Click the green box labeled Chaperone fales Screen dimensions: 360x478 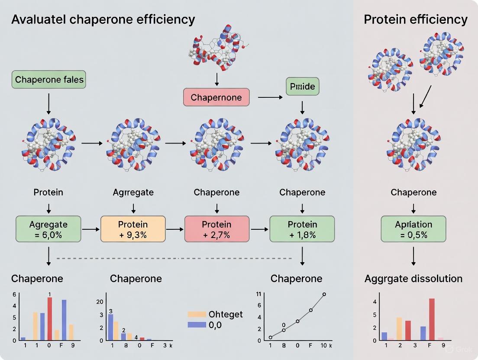click(49, 80)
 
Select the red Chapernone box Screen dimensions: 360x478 click(216, 97)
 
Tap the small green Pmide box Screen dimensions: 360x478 click(302, 87)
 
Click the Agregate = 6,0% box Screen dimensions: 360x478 click(48, 229)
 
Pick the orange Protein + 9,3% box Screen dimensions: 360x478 click(133, 229)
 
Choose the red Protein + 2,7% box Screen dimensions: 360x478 click(217, 229)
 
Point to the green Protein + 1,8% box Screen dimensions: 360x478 click(302, 229)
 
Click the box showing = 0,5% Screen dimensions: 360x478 click(413, 229)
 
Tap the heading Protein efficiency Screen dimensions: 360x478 click(416, 19)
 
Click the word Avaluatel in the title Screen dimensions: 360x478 click(37, 19)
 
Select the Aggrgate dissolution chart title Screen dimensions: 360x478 click(413, 278)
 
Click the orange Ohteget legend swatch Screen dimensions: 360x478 click(196, 315)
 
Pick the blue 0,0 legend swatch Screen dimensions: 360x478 click(196, 325)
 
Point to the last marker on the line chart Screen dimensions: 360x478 click(324, 294)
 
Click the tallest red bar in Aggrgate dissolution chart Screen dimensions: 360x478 click(432, 319)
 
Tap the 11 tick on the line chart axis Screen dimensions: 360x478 click(258, 294)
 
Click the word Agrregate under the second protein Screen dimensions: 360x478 click(133, 192)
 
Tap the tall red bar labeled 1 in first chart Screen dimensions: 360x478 click(50, 318)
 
